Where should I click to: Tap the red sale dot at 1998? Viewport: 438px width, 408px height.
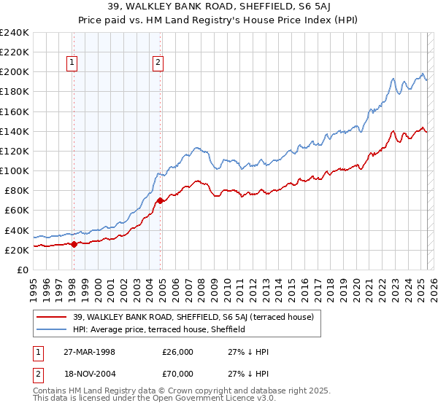click(74, 244)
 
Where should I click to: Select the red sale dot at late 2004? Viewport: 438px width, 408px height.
click(160, 200)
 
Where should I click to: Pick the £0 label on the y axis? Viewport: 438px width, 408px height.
click(22, 270)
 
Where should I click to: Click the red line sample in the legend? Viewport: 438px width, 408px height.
click(53, 317)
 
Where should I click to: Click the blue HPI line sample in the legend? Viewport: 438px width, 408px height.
click(53, 329)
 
